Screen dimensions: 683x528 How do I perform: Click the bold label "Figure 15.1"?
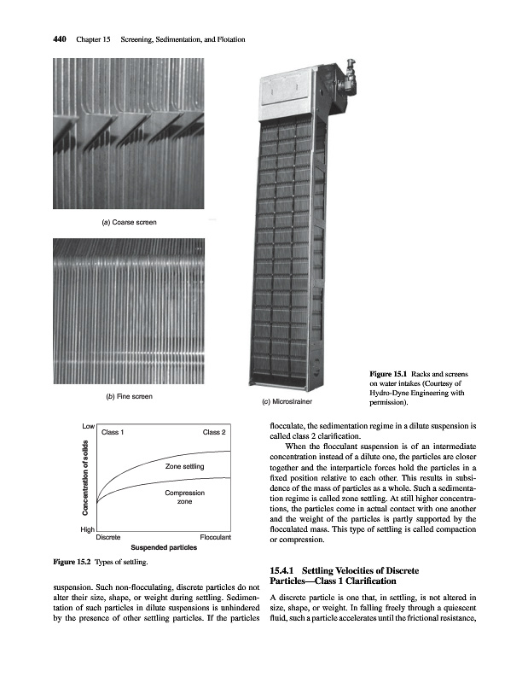(388, 374)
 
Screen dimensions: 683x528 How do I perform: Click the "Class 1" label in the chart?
(113, 432)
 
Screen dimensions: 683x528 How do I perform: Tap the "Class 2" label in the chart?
(214, 432)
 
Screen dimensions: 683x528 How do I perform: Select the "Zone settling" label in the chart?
(185, 466)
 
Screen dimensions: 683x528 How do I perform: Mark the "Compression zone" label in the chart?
(183, 499)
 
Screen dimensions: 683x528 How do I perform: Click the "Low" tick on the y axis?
(88, 425)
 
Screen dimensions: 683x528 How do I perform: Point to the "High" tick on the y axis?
(87, 531)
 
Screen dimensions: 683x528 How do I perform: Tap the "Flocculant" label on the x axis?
(215, 538)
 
